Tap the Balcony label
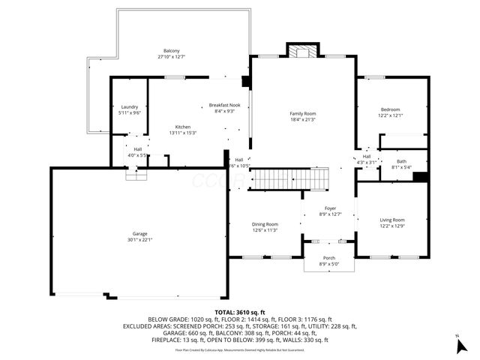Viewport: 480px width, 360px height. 171,51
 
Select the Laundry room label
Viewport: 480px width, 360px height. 129,107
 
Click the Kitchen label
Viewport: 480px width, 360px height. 183,127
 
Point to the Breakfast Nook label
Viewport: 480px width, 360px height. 224,105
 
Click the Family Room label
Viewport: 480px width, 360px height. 302,113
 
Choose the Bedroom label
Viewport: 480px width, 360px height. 389,109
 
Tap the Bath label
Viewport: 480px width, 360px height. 401,162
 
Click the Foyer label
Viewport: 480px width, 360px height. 330,208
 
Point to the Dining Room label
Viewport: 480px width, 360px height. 265,224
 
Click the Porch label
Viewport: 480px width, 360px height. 329,258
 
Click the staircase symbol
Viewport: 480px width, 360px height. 289,181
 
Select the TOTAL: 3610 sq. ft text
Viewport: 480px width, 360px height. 239,311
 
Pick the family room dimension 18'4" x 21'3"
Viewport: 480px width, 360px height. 302,119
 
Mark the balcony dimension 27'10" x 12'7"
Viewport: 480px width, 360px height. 171,57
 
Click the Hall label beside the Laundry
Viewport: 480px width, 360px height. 138,149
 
